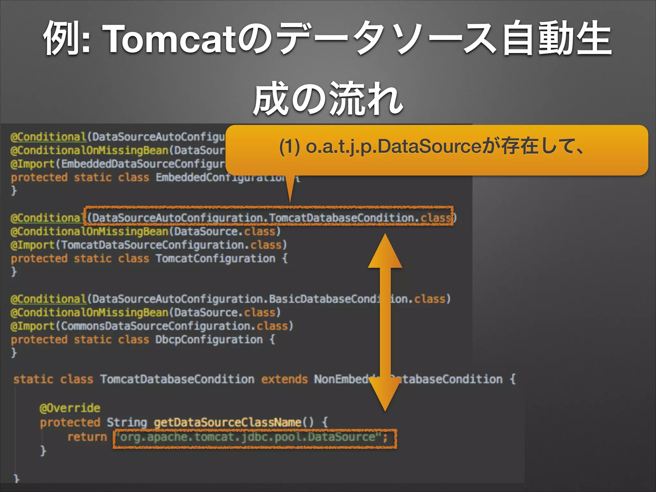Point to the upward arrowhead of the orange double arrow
coord(385,251)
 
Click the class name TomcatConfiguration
coord(215,258)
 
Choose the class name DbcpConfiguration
coord(209,340)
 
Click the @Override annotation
coord(70,408)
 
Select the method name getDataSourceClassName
coord(227,422)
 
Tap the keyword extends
coord(284,380)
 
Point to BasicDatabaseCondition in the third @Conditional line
coord(324,299)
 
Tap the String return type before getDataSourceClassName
coord(127,422)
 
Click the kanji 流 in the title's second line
coord(347,99)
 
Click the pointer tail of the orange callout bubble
coord(290,189)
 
